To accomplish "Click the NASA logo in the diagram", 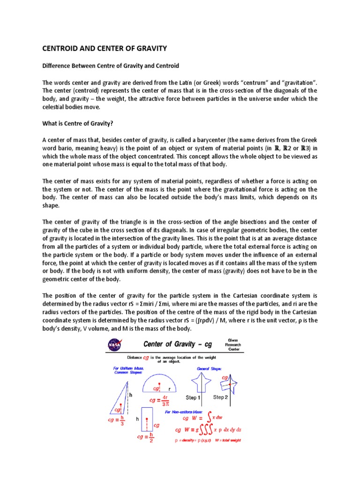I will (x=113, y=345).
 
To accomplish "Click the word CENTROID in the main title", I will (x=62, y=48).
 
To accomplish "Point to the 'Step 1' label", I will (x=193, y=397).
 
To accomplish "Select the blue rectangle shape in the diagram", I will (x=147, y=418).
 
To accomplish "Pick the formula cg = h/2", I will (x=146, y=437).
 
